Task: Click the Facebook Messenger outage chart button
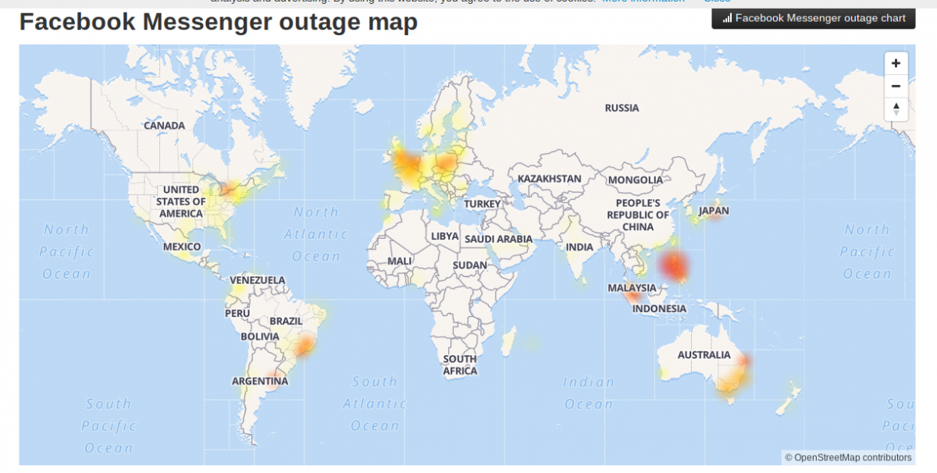click(813, 18)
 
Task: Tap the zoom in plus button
click(896, 63)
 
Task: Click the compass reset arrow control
click(896, 109)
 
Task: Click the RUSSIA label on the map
click(622, 108)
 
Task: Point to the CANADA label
click(164, 126)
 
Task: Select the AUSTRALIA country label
click(704, 355)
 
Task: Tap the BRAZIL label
click(286, 321)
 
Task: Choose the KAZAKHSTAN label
click(549, 179)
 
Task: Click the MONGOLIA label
click(635, 180)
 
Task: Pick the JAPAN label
click(714, 211)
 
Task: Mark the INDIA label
click(579, 247)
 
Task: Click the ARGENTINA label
click(260, 382)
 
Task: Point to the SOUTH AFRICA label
click(460, 365)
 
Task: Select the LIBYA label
click(445, 236)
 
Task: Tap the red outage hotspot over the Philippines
click(674, 266)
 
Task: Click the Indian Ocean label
click(590, 393)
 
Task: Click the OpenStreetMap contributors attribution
click(848, 457)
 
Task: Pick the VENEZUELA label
click(258, 280)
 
